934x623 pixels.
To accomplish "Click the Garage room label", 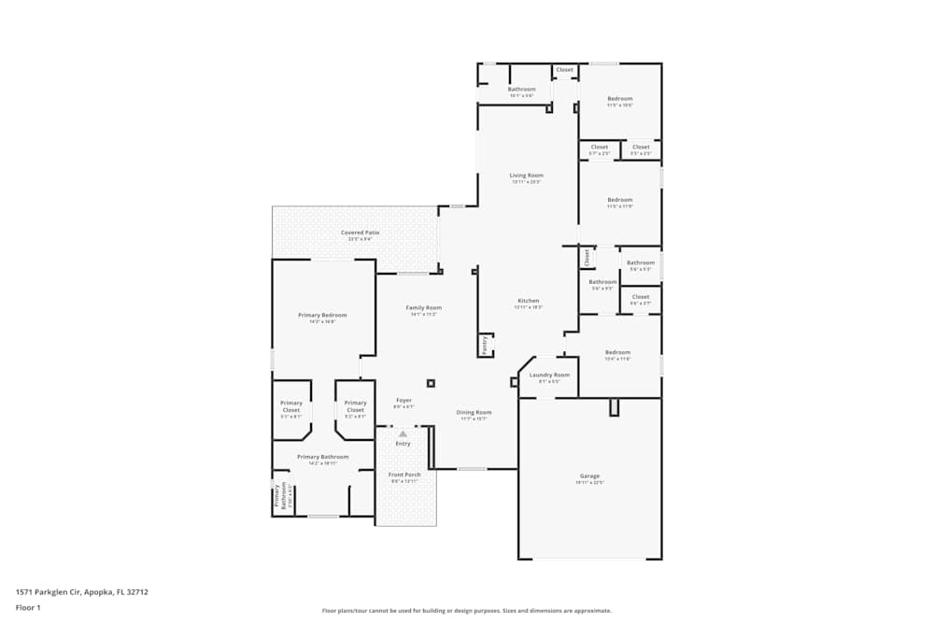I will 589,476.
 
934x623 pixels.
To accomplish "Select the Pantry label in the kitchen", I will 485,345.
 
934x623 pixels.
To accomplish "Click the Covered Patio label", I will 360,233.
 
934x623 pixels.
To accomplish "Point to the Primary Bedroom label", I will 322,316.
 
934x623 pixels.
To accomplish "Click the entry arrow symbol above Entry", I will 403,434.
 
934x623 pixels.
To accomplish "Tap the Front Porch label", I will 404,474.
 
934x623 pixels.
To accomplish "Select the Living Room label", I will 526,176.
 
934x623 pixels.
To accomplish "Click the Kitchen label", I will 529,301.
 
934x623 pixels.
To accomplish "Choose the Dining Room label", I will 474,412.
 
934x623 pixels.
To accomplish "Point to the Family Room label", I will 423,307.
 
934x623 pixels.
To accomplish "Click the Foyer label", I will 403,401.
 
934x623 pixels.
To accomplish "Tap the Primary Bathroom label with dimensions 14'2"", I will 322,457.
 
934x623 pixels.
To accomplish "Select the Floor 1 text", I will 29,607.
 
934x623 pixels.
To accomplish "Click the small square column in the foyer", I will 431,382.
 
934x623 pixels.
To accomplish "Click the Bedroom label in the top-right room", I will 619,99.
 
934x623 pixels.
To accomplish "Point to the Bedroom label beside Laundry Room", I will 617,352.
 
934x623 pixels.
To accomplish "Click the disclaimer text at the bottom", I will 467,611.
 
